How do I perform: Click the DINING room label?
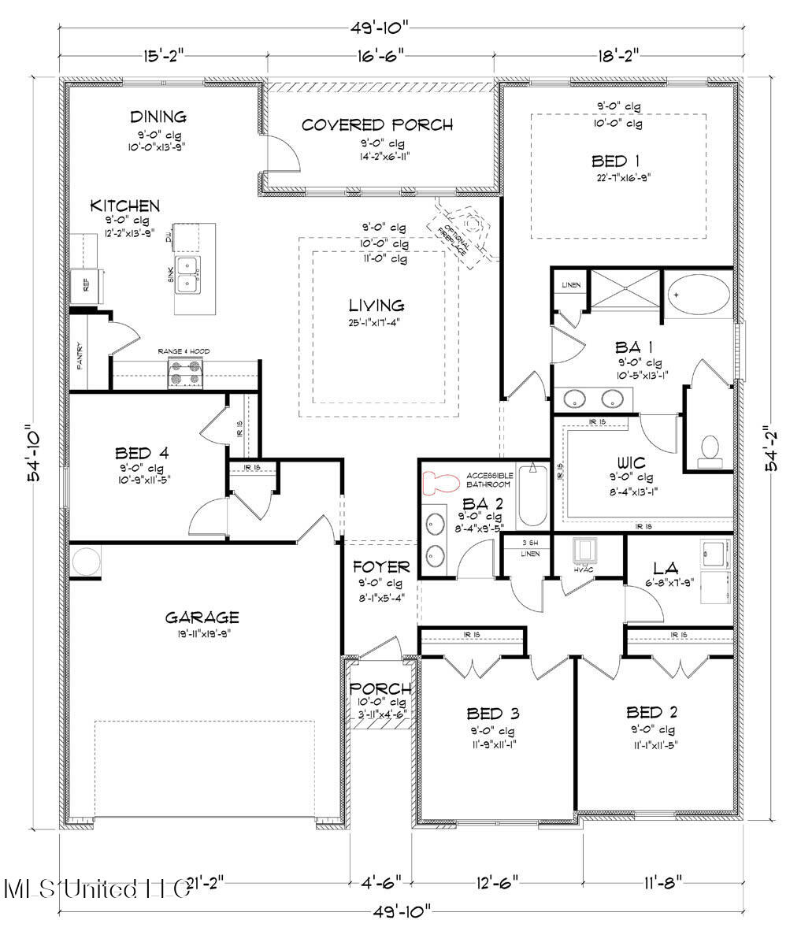coord(158,117)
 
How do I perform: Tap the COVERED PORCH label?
coord(376,124)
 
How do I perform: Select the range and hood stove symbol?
coord(186,372)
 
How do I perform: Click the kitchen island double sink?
coord(187,273)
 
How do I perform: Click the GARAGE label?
coord(202,617)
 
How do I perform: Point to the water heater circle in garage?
coord(84,562)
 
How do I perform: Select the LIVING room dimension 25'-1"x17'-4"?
coord(378,322)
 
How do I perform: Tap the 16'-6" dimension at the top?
coord(376,54)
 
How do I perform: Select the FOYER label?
coord(380,567)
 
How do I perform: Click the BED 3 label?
coord(492,714)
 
